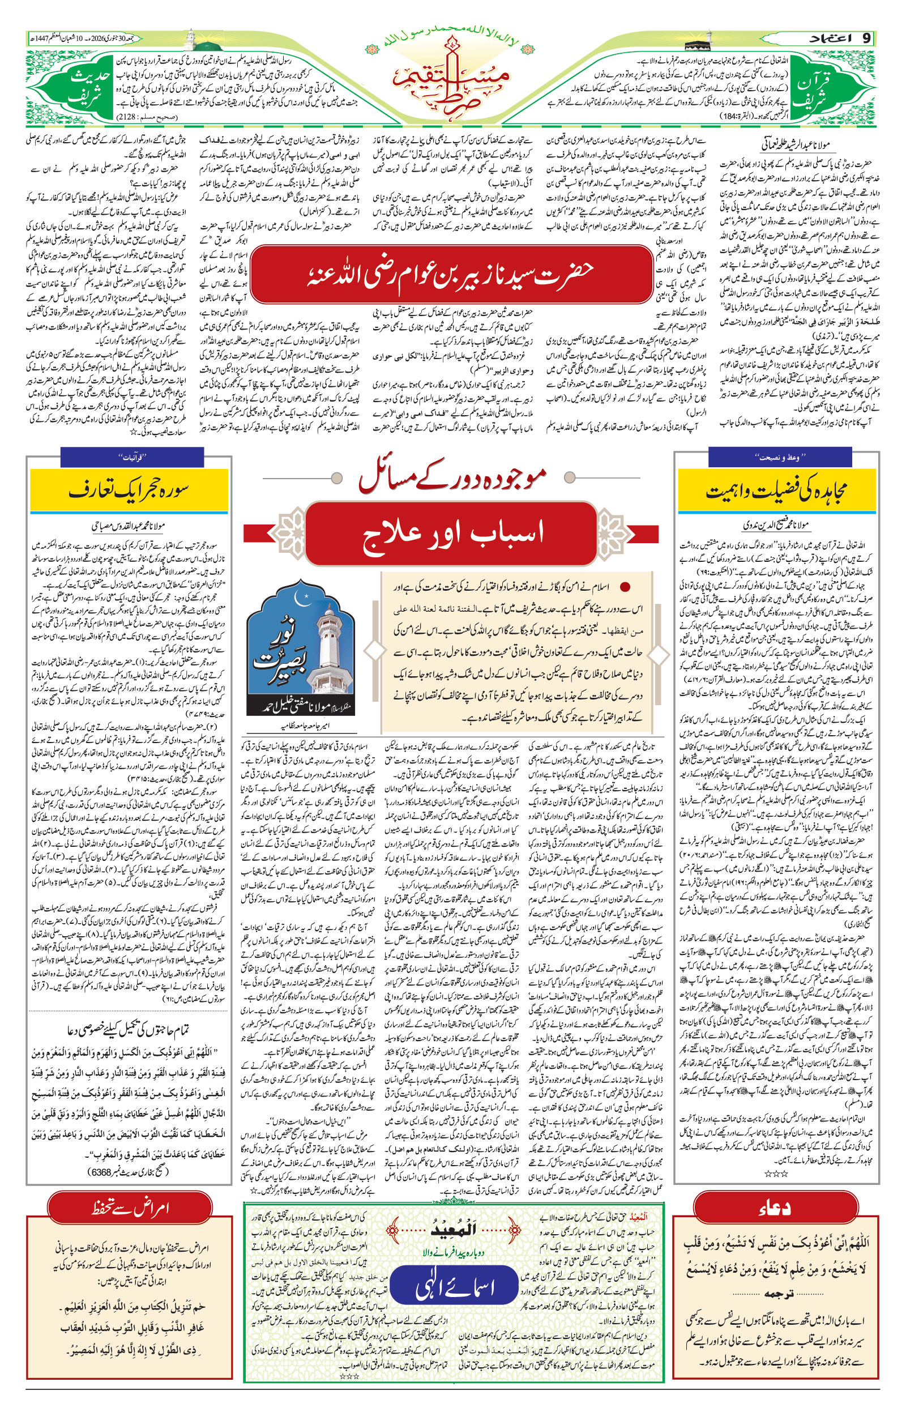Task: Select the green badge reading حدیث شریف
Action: [89, 88]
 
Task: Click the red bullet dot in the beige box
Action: [625, 587]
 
